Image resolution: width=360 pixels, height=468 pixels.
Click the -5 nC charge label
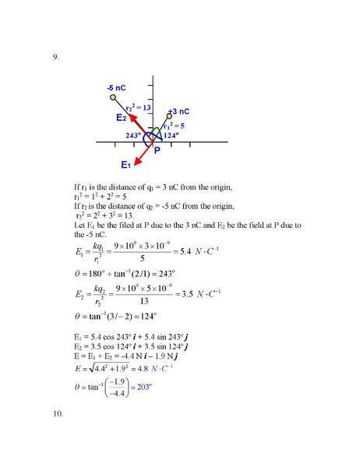[116, 88]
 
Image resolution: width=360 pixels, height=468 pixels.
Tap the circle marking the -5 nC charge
[114, 97]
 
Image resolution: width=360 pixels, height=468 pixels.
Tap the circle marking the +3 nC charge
[169, 116]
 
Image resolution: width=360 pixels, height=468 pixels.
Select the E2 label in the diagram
[121, 118]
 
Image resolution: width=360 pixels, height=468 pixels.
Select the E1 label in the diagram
[125, 165]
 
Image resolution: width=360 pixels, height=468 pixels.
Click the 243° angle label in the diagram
[133, 135]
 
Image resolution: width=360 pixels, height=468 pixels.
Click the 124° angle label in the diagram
[171, 135]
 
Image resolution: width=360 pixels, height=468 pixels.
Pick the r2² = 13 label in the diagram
[138, 107]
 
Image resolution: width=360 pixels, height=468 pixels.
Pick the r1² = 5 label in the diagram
[173, 125]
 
